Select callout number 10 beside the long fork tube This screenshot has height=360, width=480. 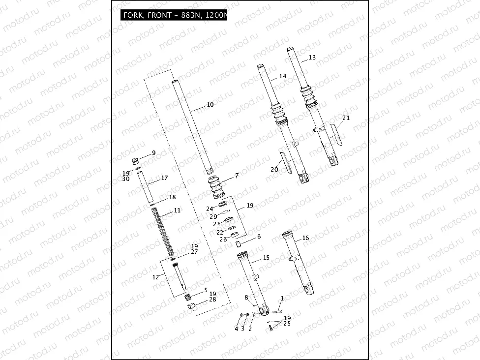pyautogui.click(x=210, y=105)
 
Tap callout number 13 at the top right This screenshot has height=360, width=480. pyautogui.click(x=312, y=58)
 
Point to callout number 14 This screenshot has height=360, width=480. pyautogui.click(x=282, y=76)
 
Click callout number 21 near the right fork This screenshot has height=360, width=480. pyautogui.click(x=346, y=118)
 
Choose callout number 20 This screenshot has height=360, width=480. pyautogui.click(x=274, y=169)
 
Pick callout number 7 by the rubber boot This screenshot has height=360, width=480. pyautogui.click(x=237, y=175)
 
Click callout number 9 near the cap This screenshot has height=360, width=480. pyautogui.click(x=153, y=153)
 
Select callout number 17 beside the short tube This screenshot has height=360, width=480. pyautogui.click(x=164, y=178)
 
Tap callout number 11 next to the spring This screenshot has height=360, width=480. pyautogui.click(x=177, y=210)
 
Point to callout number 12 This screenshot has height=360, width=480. pyautogui.click(x=155, y=277)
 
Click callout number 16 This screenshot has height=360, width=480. pyautogui.click(x=305, y=238)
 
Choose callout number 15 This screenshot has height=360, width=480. pyautogui.click(x=266, y=257)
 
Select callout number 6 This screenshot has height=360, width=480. pyautogui.click(x=259, y=237)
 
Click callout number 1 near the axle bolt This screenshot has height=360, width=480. pyautogui.click(x=282, y=298)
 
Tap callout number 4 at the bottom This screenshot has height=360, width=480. pyautogui.click(x=236, y=329)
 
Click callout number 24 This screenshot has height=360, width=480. pyautogui.click(x=210, y=209)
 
